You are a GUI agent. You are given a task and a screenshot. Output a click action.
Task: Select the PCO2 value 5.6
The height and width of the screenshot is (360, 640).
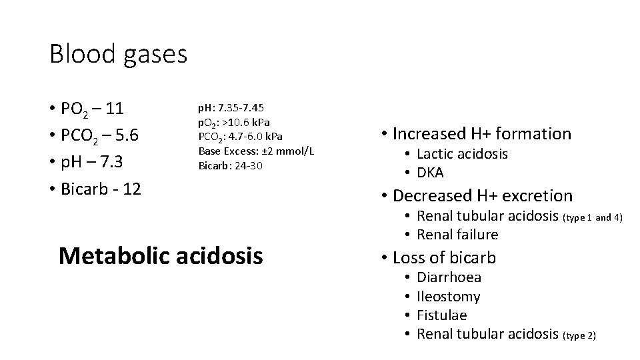pyautogui.click(x=127, y=135)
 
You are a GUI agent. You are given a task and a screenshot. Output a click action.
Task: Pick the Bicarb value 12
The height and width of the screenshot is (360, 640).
pyautogui.click(x=132, y=189)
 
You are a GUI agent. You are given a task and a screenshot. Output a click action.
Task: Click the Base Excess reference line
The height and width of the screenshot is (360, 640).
pyautogui.click(x=256, y=151)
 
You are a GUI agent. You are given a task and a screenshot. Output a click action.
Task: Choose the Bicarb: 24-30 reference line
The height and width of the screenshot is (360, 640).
pyautogui.click(x=231, y=165)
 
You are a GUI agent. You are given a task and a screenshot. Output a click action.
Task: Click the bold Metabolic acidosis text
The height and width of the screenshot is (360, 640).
pyautogui.click(x=161, y=255)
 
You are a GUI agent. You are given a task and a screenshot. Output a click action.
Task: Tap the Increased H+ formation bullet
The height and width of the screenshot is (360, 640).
pyautogui.click(x=481, y=134)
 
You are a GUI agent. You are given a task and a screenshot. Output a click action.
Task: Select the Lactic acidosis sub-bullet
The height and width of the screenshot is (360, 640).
pyautogui.click(x=462, y=154)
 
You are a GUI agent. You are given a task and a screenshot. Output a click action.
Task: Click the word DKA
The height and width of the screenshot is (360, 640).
pyautogui.click(x=430, y=173)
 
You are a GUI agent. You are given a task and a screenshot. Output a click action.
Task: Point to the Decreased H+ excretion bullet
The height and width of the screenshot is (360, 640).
pyautogui.click(x=483, y=195)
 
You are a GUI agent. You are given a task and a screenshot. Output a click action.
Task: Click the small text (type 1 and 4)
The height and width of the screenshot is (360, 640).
pyautogui.click(x=593, y=217)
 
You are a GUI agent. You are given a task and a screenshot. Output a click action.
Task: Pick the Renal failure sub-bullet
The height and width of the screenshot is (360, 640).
pyautogui.click(x=457, y=234)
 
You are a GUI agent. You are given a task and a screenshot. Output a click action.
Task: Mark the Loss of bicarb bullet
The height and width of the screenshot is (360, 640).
pyautogui.click(x=444, y=257)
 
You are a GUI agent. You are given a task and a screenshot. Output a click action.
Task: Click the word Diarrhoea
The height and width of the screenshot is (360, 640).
pyautogui.click(x=449, y=277)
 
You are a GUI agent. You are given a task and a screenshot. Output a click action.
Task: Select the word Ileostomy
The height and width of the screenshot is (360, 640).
pyautogui.click(x=448, y=296)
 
